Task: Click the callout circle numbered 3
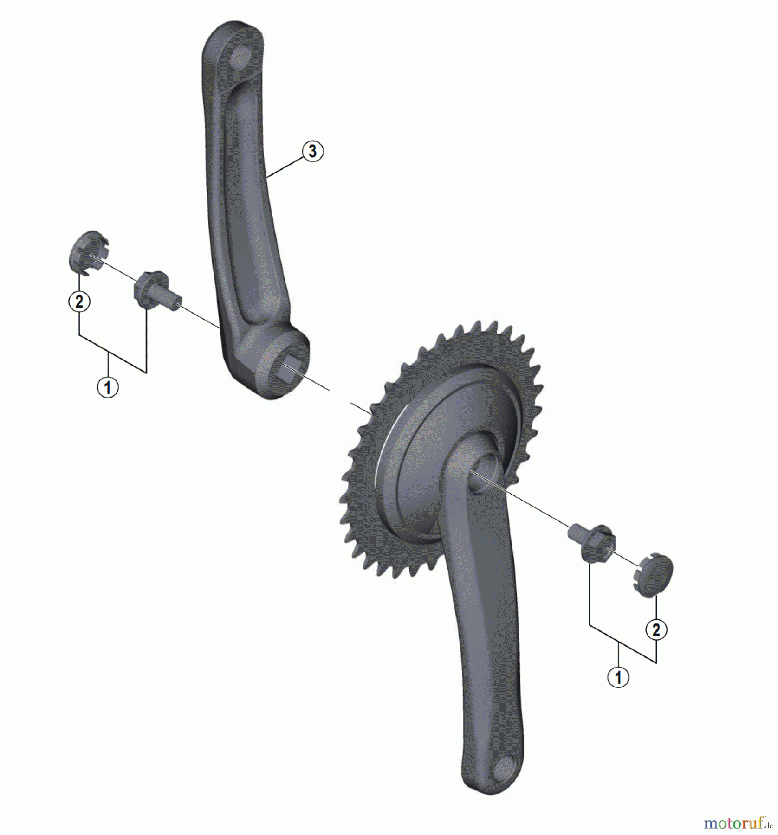[x=312, y=151]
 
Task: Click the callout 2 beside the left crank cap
[x=79, y=302]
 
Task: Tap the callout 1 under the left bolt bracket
[x=108, y=387]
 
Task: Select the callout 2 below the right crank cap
[x=656, y=630]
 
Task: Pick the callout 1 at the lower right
[x=618, y=677]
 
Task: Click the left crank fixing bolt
[x=156, y=291]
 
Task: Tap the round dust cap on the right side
[x=654, y=575]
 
